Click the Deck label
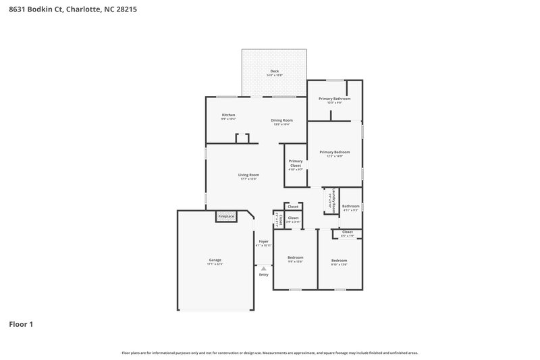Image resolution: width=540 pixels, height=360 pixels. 274,71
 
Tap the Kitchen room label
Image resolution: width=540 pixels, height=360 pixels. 228,115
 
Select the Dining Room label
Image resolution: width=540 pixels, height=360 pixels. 281,120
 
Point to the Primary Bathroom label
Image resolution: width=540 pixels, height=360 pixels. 334,99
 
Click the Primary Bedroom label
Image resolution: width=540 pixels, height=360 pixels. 334,152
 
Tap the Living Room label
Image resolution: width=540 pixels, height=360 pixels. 248,175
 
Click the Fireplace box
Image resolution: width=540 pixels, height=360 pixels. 226,217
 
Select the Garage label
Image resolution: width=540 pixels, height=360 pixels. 215,260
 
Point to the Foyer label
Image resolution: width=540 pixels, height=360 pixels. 263,241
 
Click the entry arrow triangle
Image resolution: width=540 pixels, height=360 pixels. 263,268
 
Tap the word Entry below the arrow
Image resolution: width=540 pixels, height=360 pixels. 263,274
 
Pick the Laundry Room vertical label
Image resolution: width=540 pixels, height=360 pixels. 333,201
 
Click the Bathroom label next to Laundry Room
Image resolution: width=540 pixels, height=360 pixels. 350,206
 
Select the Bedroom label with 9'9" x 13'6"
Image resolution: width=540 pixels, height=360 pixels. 295,257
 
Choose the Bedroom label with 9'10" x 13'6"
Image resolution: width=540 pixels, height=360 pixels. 339,261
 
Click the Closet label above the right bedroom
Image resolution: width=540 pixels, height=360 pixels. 347,232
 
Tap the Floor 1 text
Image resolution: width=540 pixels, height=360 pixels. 21,324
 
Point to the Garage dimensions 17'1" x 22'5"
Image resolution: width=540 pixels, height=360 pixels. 215,264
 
